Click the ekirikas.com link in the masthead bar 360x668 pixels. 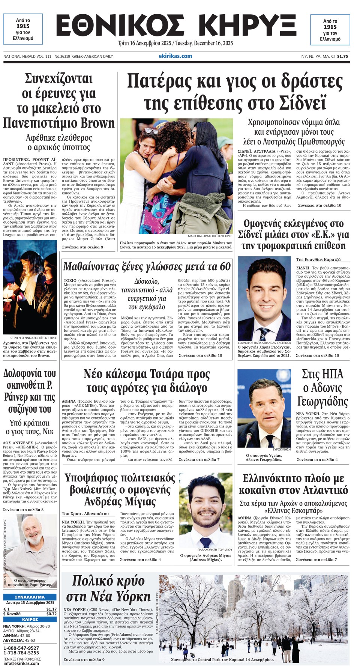175,56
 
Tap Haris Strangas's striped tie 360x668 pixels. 264,333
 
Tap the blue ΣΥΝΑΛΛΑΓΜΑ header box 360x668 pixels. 30,597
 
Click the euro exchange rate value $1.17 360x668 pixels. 51,609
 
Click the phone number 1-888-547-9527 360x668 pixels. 21,648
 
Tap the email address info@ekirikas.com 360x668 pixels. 21,663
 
